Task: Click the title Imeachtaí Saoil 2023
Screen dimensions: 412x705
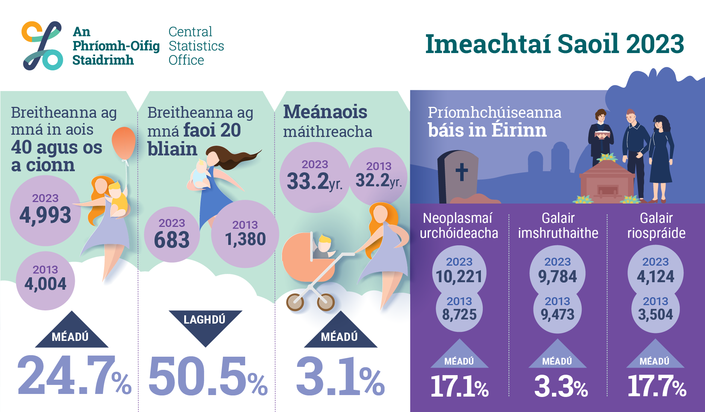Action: point(554,44)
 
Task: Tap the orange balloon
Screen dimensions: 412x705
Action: point(124,143)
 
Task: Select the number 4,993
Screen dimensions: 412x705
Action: point(45,215)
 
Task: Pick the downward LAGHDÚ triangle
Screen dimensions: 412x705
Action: point(205,325)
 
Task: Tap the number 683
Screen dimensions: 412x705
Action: point(172,240)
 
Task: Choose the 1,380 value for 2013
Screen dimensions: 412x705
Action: point(245,239)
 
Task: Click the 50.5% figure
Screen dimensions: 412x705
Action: point(208,376)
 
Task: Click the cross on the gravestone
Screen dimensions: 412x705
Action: point(462,172)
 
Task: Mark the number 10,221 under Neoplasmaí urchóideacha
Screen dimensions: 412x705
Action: point(459,277)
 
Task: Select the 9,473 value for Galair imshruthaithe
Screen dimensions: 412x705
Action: point(558,314)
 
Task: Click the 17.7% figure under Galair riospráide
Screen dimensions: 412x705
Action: point(656,386)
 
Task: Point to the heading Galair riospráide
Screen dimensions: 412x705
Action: point(656,225)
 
